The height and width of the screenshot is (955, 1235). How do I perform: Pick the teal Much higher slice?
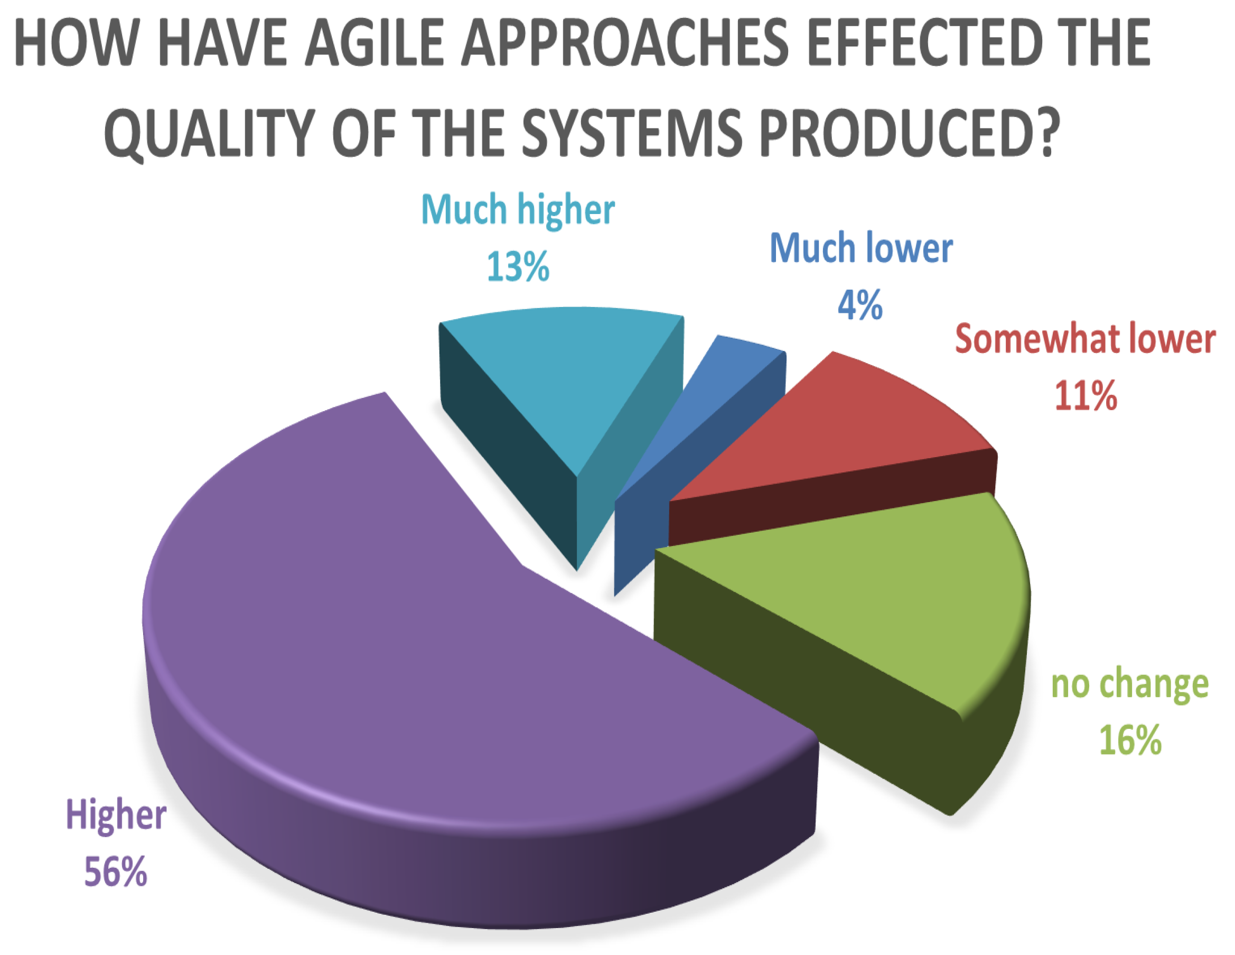point(566,385)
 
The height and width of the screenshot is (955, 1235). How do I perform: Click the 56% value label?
point(116,872)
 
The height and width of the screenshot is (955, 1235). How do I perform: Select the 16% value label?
point(1130,739)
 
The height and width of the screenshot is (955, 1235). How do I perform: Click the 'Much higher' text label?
point(518,210)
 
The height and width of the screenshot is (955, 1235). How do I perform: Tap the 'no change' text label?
point(1130,684)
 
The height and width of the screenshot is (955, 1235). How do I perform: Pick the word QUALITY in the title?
point(209,133)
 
